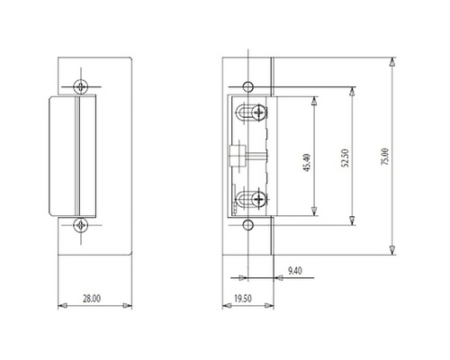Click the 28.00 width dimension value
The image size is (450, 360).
coord(92,299)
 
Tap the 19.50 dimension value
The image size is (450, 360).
coord(243,299)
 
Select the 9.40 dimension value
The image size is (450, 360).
coord(295,271)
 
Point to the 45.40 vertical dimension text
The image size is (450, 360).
coord(307,163)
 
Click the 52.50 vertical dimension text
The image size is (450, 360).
coord(346,158)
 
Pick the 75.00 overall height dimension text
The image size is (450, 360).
coord(385,157)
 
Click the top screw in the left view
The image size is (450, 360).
coord(81,86)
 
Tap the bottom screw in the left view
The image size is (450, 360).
coord(81,225)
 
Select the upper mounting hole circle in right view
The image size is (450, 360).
coord(248,87)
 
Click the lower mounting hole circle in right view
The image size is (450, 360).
coord(248,225)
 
